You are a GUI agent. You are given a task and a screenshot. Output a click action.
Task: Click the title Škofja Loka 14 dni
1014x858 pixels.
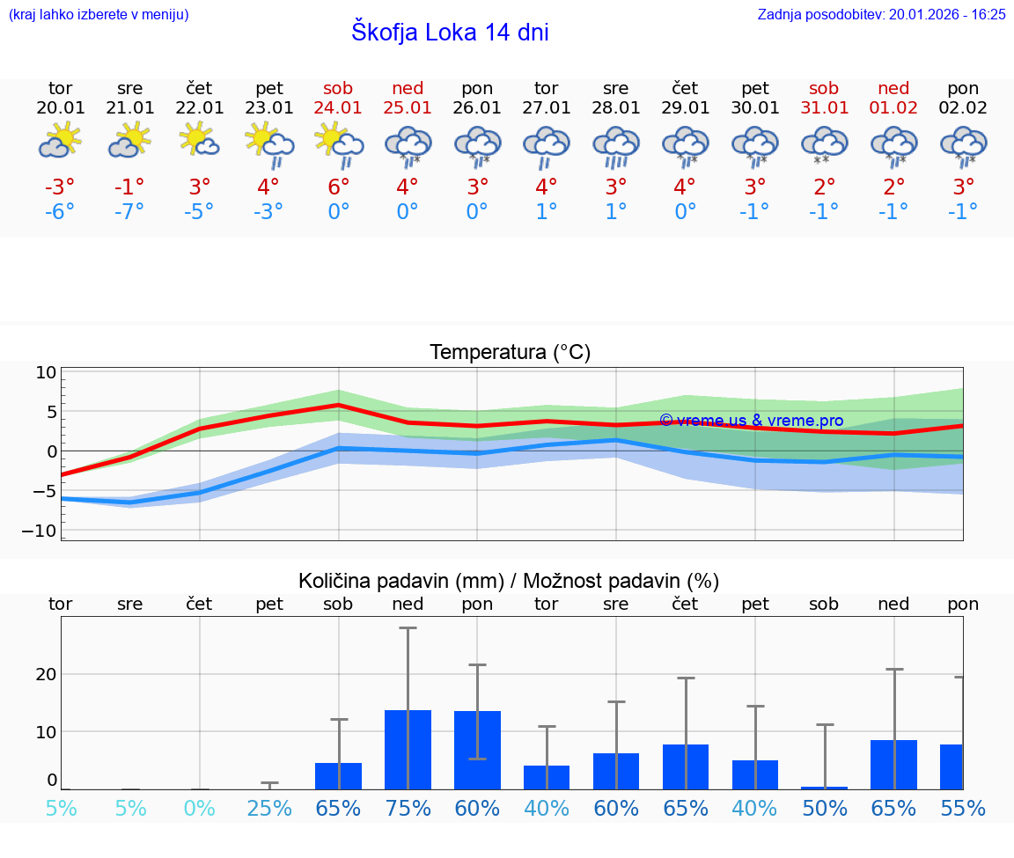(450, 33)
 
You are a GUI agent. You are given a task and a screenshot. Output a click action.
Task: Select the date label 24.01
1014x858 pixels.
(338, 108)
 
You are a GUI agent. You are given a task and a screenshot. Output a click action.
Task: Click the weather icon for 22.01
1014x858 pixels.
(199, 142)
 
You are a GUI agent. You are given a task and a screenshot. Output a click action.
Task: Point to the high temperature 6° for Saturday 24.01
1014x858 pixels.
(338, 187)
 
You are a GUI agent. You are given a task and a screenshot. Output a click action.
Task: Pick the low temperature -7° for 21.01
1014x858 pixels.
(129, 211)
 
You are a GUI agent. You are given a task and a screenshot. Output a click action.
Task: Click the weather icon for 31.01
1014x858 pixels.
(824, 144)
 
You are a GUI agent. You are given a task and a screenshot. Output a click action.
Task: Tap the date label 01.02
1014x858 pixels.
(893, 108)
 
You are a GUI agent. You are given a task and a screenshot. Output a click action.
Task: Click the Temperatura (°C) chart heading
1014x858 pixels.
(510, 353)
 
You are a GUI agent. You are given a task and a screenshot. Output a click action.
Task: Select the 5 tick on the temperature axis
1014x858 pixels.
(51, 412)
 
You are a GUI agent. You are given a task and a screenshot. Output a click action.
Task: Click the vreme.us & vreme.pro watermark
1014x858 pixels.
(751, 421)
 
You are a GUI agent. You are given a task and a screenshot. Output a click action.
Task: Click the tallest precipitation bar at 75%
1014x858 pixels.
(408, 750)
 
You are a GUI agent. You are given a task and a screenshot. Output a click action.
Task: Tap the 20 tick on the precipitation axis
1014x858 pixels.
(46, 674)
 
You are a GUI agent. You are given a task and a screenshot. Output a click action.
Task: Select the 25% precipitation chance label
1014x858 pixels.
(268, 808)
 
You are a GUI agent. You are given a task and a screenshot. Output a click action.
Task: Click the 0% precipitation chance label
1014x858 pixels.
(199, 808)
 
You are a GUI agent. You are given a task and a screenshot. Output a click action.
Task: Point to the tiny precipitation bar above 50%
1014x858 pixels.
(824, 788)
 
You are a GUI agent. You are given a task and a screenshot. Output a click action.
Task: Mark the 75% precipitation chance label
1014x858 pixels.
(408, 808)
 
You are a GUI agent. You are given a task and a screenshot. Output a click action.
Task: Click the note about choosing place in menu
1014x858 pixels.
(99, 14)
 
